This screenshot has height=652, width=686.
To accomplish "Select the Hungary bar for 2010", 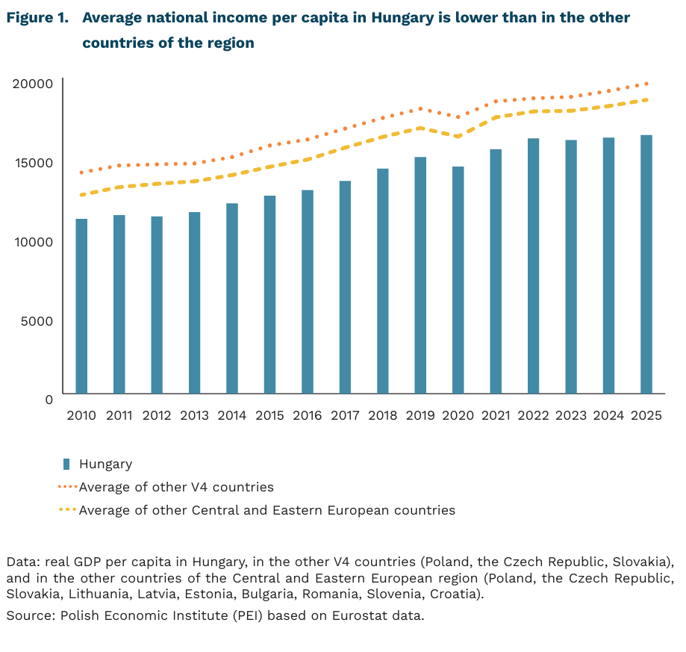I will [x=81, y=306].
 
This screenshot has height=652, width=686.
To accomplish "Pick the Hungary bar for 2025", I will [x=646, y=264].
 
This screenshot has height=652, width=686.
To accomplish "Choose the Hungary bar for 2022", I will [x=533, y=266].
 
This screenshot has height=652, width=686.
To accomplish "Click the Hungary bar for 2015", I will [x=269, y=294].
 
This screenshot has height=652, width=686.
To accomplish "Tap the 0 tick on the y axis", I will [x=49, y=400].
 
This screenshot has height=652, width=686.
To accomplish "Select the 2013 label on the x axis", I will [x=194, y=416].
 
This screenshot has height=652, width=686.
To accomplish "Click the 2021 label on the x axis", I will [x=496, y=416].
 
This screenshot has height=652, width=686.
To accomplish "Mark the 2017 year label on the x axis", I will [x=345, y=416].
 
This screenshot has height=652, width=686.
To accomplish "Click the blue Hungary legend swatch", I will [x=66, y=464].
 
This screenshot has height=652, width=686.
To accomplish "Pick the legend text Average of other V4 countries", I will [x=176, y=487].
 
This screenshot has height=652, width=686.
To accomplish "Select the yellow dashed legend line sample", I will [x=67, y=510].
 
